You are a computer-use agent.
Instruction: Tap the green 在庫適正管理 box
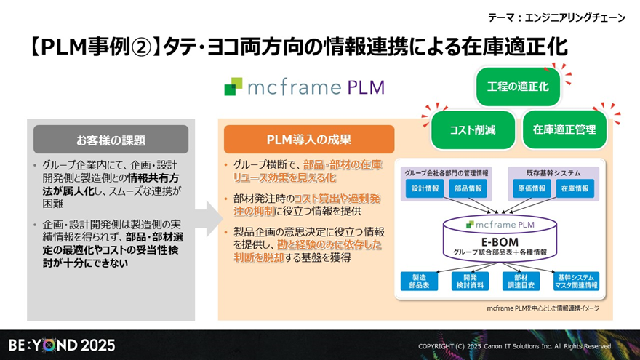click(564, 130)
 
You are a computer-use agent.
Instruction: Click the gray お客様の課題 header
click(111, 140)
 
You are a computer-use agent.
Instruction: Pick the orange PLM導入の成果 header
click(308, 140)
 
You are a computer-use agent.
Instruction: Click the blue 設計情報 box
click(425, 188)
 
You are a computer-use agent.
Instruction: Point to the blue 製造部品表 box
click(420, 281)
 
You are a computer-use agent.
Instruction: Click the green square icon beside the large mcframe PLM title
click(233, 87)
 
